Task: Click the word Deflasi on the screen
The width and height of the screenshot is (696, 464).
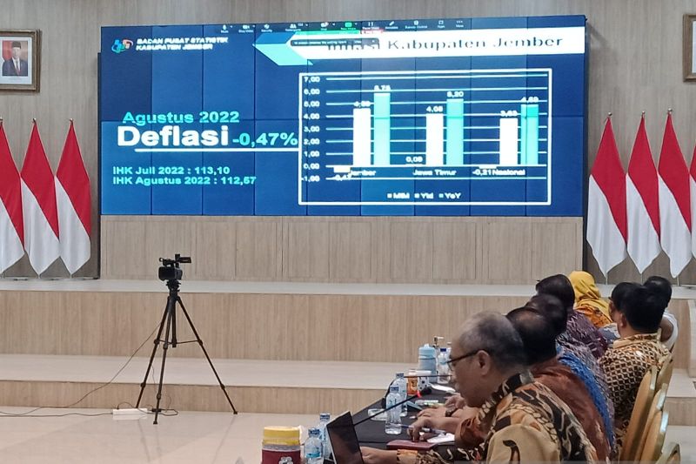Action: (172, 137)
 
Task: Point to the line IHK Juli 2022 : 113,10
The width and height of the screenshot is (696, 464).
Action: (171, 170)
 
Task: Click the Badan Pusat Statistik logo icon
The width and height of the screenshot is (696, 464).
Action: (121, 45)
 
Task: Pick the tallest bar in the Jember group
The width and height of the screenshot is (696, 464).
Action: (382, 128)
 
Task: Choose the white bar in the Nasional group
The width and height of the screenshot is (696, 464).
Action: (509, 141)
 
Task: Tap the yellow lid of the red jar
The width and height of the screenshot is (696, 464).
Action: (280, 434)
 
